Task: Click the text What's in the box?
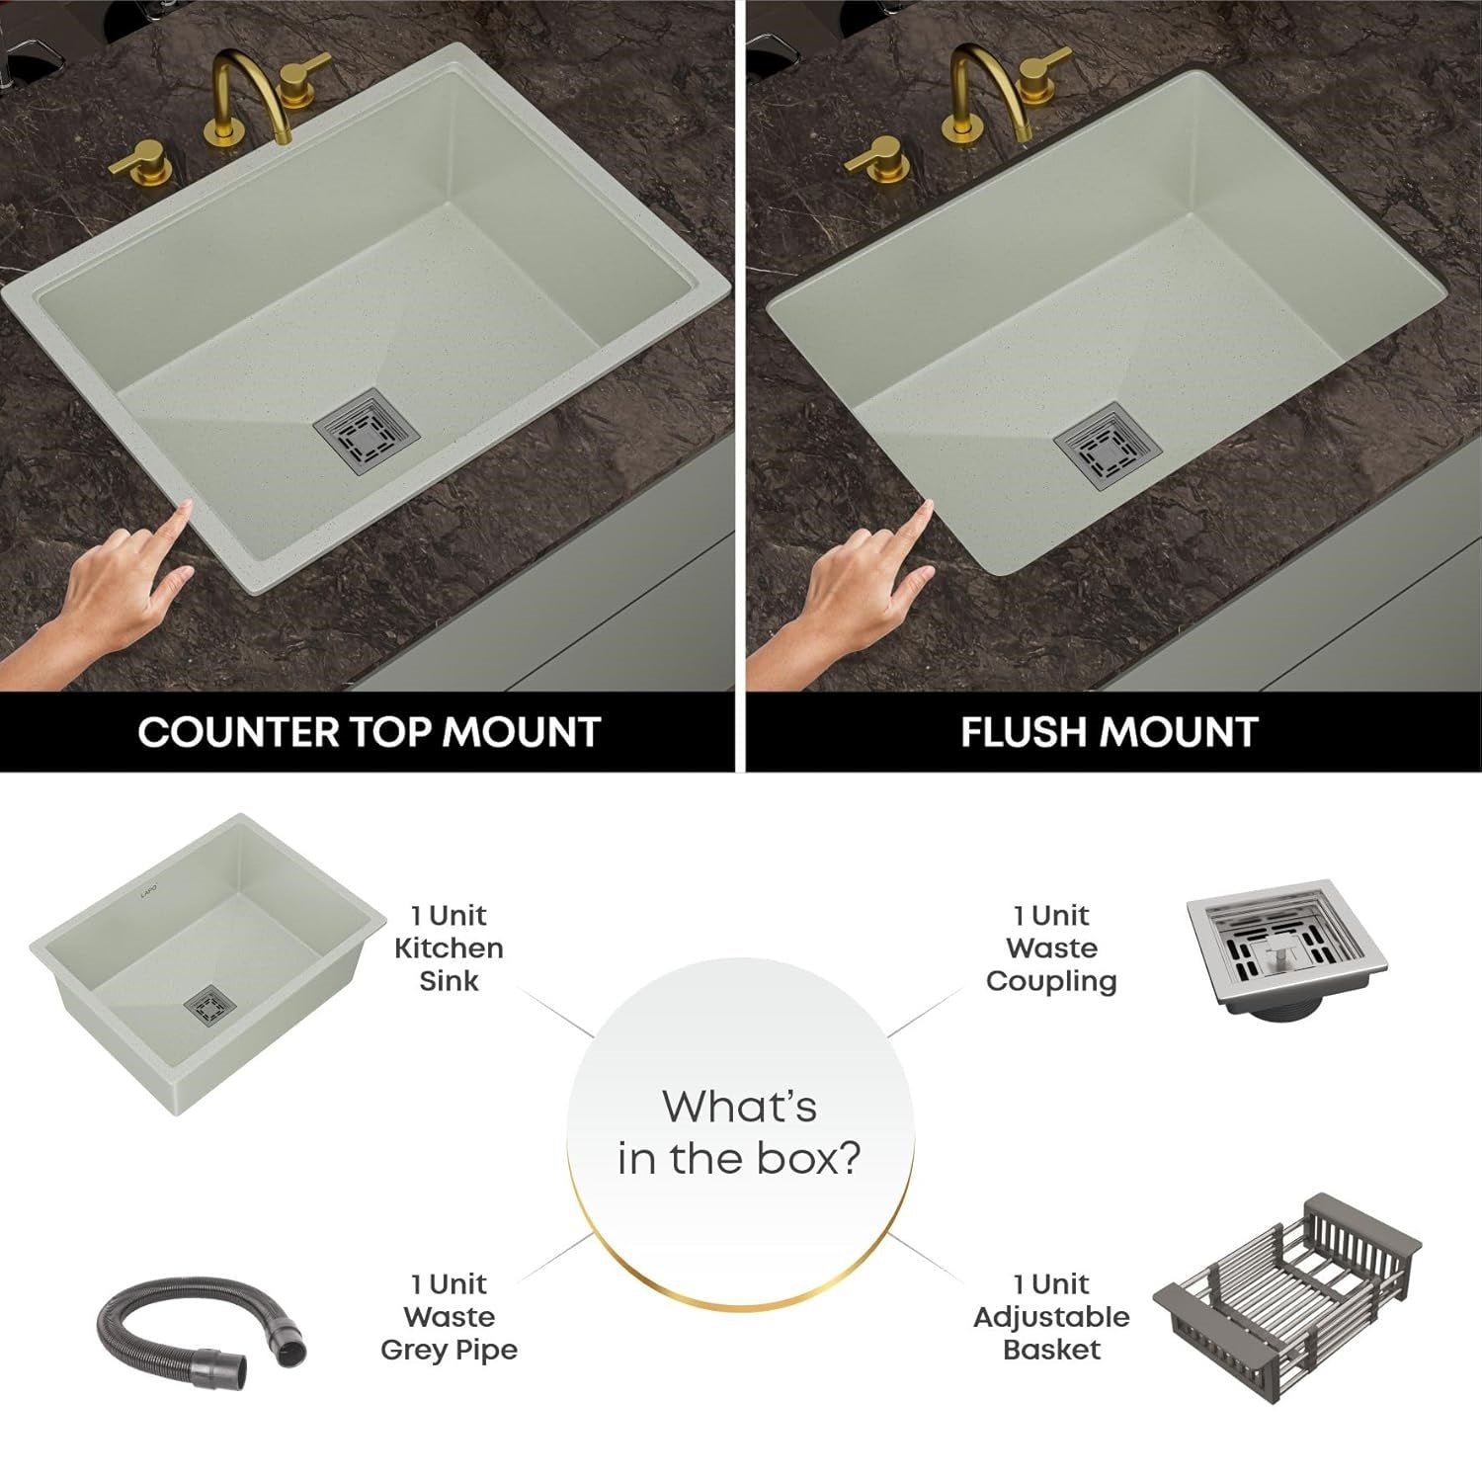pos(739,1132)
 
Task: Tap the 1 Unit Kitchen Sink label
pos(449,947)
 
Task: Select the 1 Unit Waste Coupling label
pos(1051,947)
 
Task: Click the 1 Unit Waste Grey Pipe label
pos(449,1316)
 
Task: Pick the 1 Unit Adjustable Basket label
pos(1051,1316)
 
